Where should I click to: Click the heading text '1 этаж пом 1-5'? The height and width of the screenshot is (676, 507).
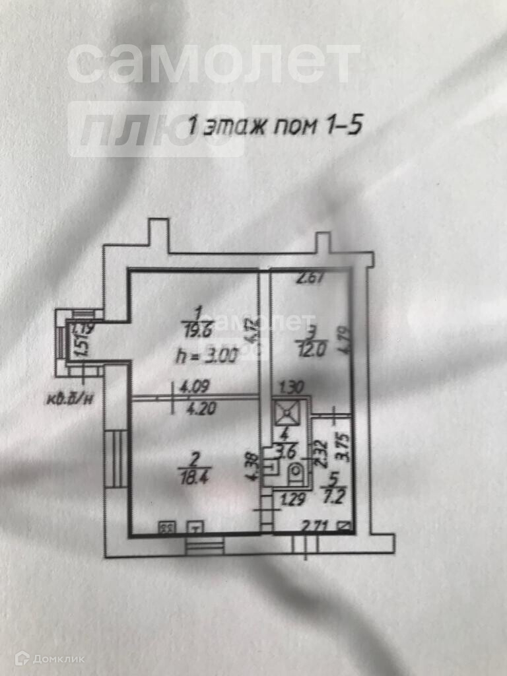click(275, 125)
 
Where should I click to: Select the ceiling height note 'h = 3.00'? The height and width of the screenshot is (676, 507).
click(204, 357)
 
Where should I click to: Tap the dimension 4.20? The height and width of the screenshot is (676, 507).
click(188, 409)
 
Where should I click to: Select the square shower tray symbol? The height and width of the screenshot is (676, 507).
click(289, 413)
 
